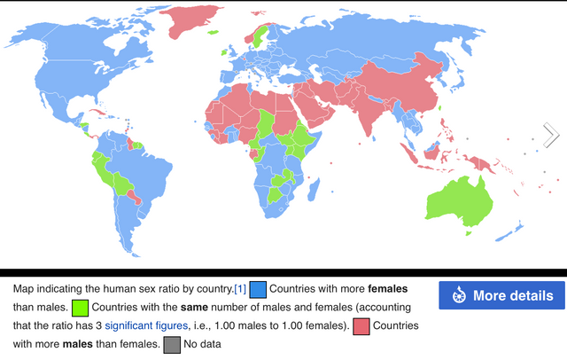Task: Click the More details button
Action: (x=501, y=295)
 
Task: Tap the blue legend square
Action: (x=258, y=290)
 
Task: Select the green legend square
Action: (x=80, y=308)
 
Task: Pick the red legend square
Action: (x=361, y=325)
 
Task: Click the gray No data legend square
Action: (x=171, y=343)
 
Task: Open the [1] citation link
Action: (x=239, y=289)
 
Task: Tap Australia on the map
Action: (x=457, y=201)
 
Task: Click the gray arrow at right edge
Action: (x=551, y=135)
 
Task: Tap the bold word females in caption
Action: (x=391, y=289)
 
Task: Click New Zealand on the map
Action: (x=512, y=232)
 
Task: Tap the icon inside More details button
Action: (x=459, y=295)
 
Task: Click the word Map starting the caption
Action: (x=26, y=289)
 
